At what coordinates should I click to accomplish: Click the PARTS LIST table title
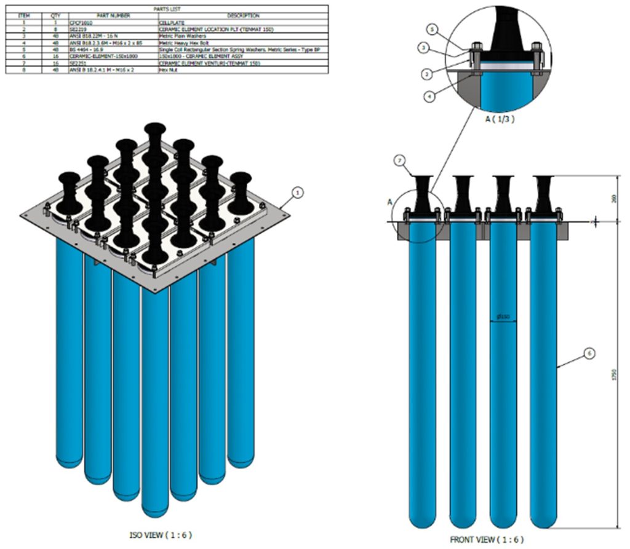pyautogui.click(x=165, y=9)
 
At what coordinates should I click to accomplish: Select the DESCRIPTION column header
pyautogui.click(x=243, y=15)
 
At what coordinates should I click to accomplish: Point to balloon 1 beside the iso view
pyautogui.click(x=298, y=192)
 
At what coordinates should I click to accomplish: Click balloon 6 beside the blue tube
pyautogui.click(x=589, y=353)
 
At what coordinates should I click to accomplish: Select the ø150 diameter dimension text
pyautogui.click(x=503, y=317)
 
